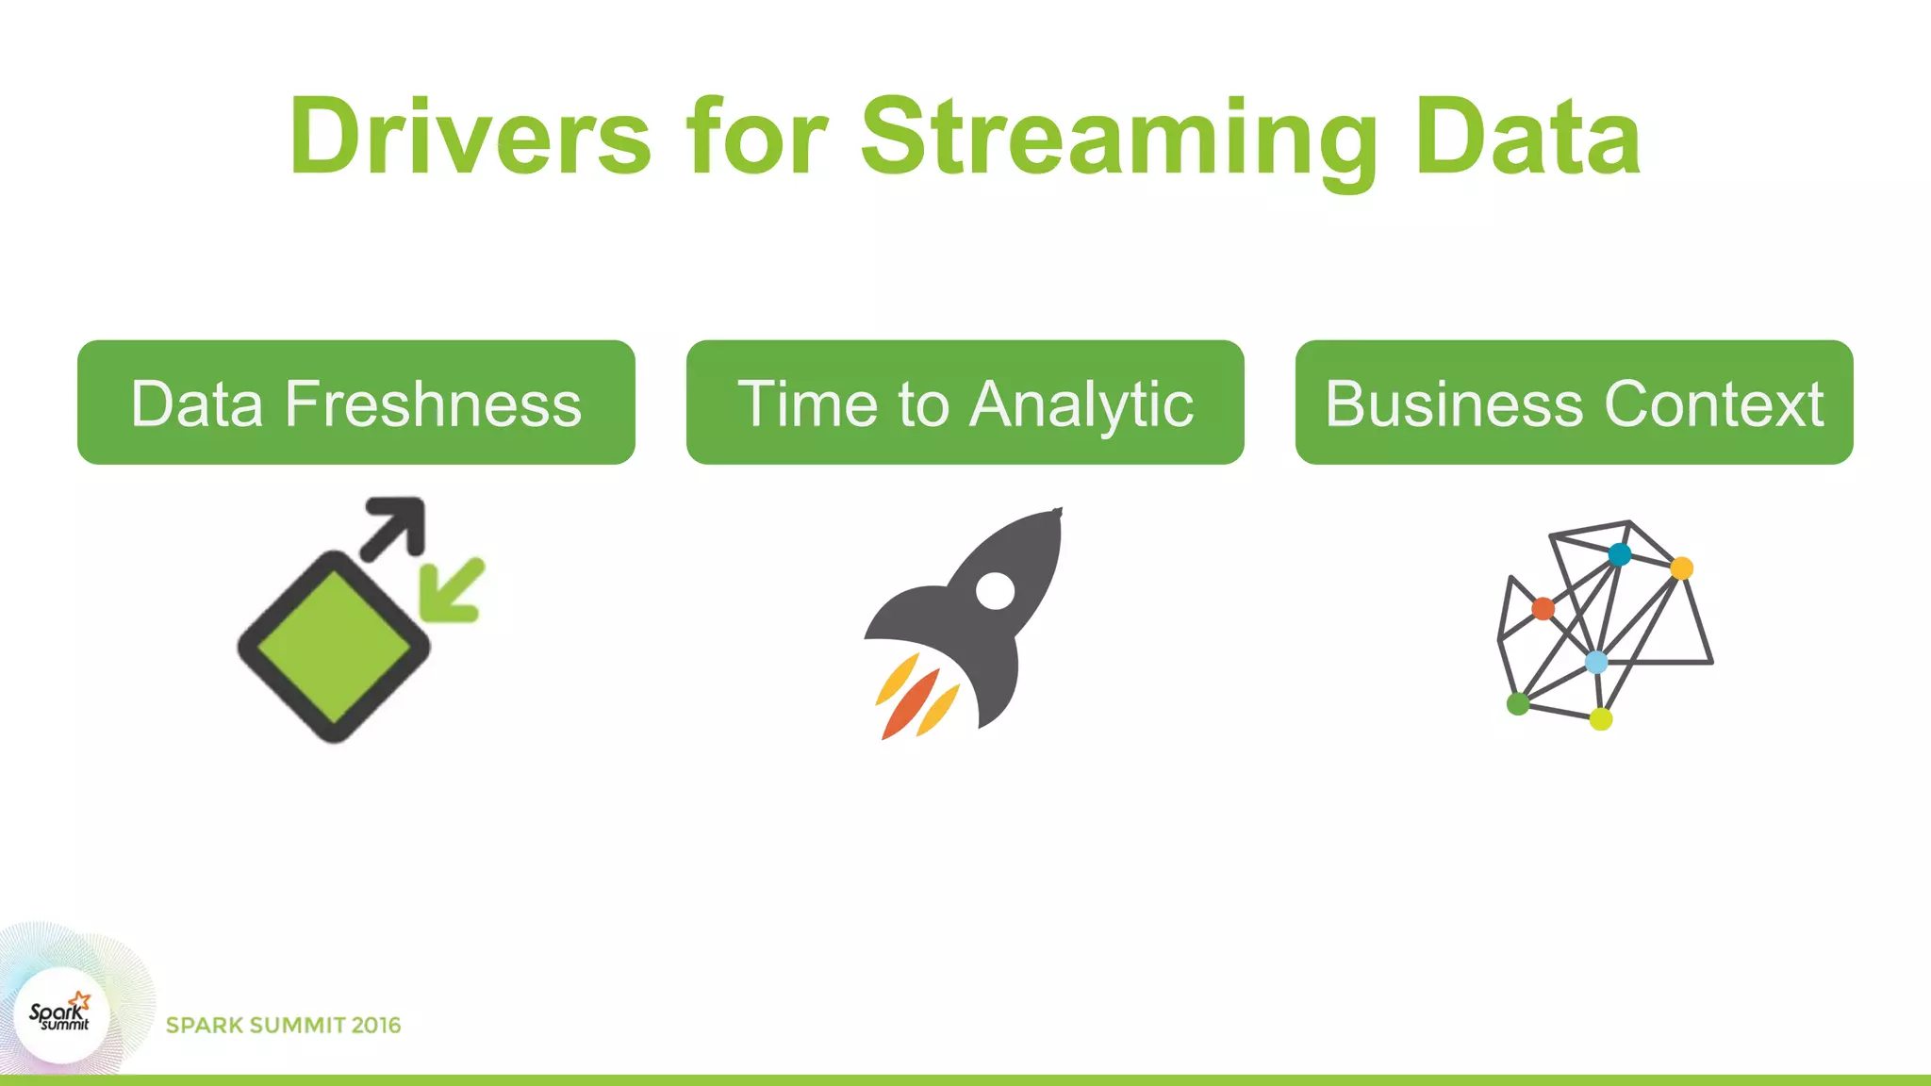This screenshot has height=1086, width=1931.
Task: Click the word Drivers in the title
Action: pyautogui.click(x=470, y=138)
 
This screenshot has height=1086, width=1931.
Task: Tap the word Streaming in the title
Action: pyautogui.click(x=1118, y=138)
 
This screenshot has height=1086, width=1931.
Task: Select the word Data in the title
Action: pyautogui.click(x=1527, y=138)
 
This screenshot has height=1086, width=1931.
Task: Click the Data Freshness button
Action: pyautogui.click(x=356, y=403)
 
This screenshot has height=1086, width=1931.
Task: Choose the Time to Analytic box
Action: pyautogui.click(x=965, y=403)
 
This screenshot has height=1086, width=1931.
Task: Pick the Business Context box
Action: pyautogui.click(x=1574, y=403)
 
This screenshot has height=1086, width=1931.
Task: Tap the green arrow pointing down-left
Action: pyautogui.click(x=454, y=590)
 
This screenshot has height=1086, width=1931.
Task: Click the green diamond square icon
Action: pyautogui.click(x=334, y=648)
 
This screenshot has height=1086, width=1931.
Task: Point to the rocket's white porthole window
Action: pyautogui.click(x=995, y=591)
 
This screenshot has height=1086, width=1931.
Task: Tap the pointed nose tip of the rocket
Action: pyautogui.click(x=1057, y=513)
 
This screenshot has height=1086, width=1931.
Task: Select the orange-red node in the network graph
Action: pyautogui.click(x=1543, y=608)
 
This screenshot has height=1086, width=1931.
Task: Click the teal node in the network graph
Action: pyautogui.click(x=1619, y=554)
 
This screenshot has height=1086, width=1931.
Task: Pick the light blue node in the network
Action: pyautogui.click(x=1595, y=662)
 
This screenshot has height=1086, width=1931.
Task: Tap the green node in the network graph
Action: pyautogui.click(x=1518, y=703)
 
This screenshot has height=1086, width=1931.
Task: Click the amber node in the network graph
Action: pyautogui.click(x=1681, y=568)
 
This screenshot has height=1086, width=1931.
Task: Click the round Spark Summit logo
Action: pyautogui.click(x=62, y=1016)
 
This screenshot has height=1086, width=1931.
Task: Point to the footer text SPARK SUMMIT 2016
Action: pyautogui.click(x=283, y=1026)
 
